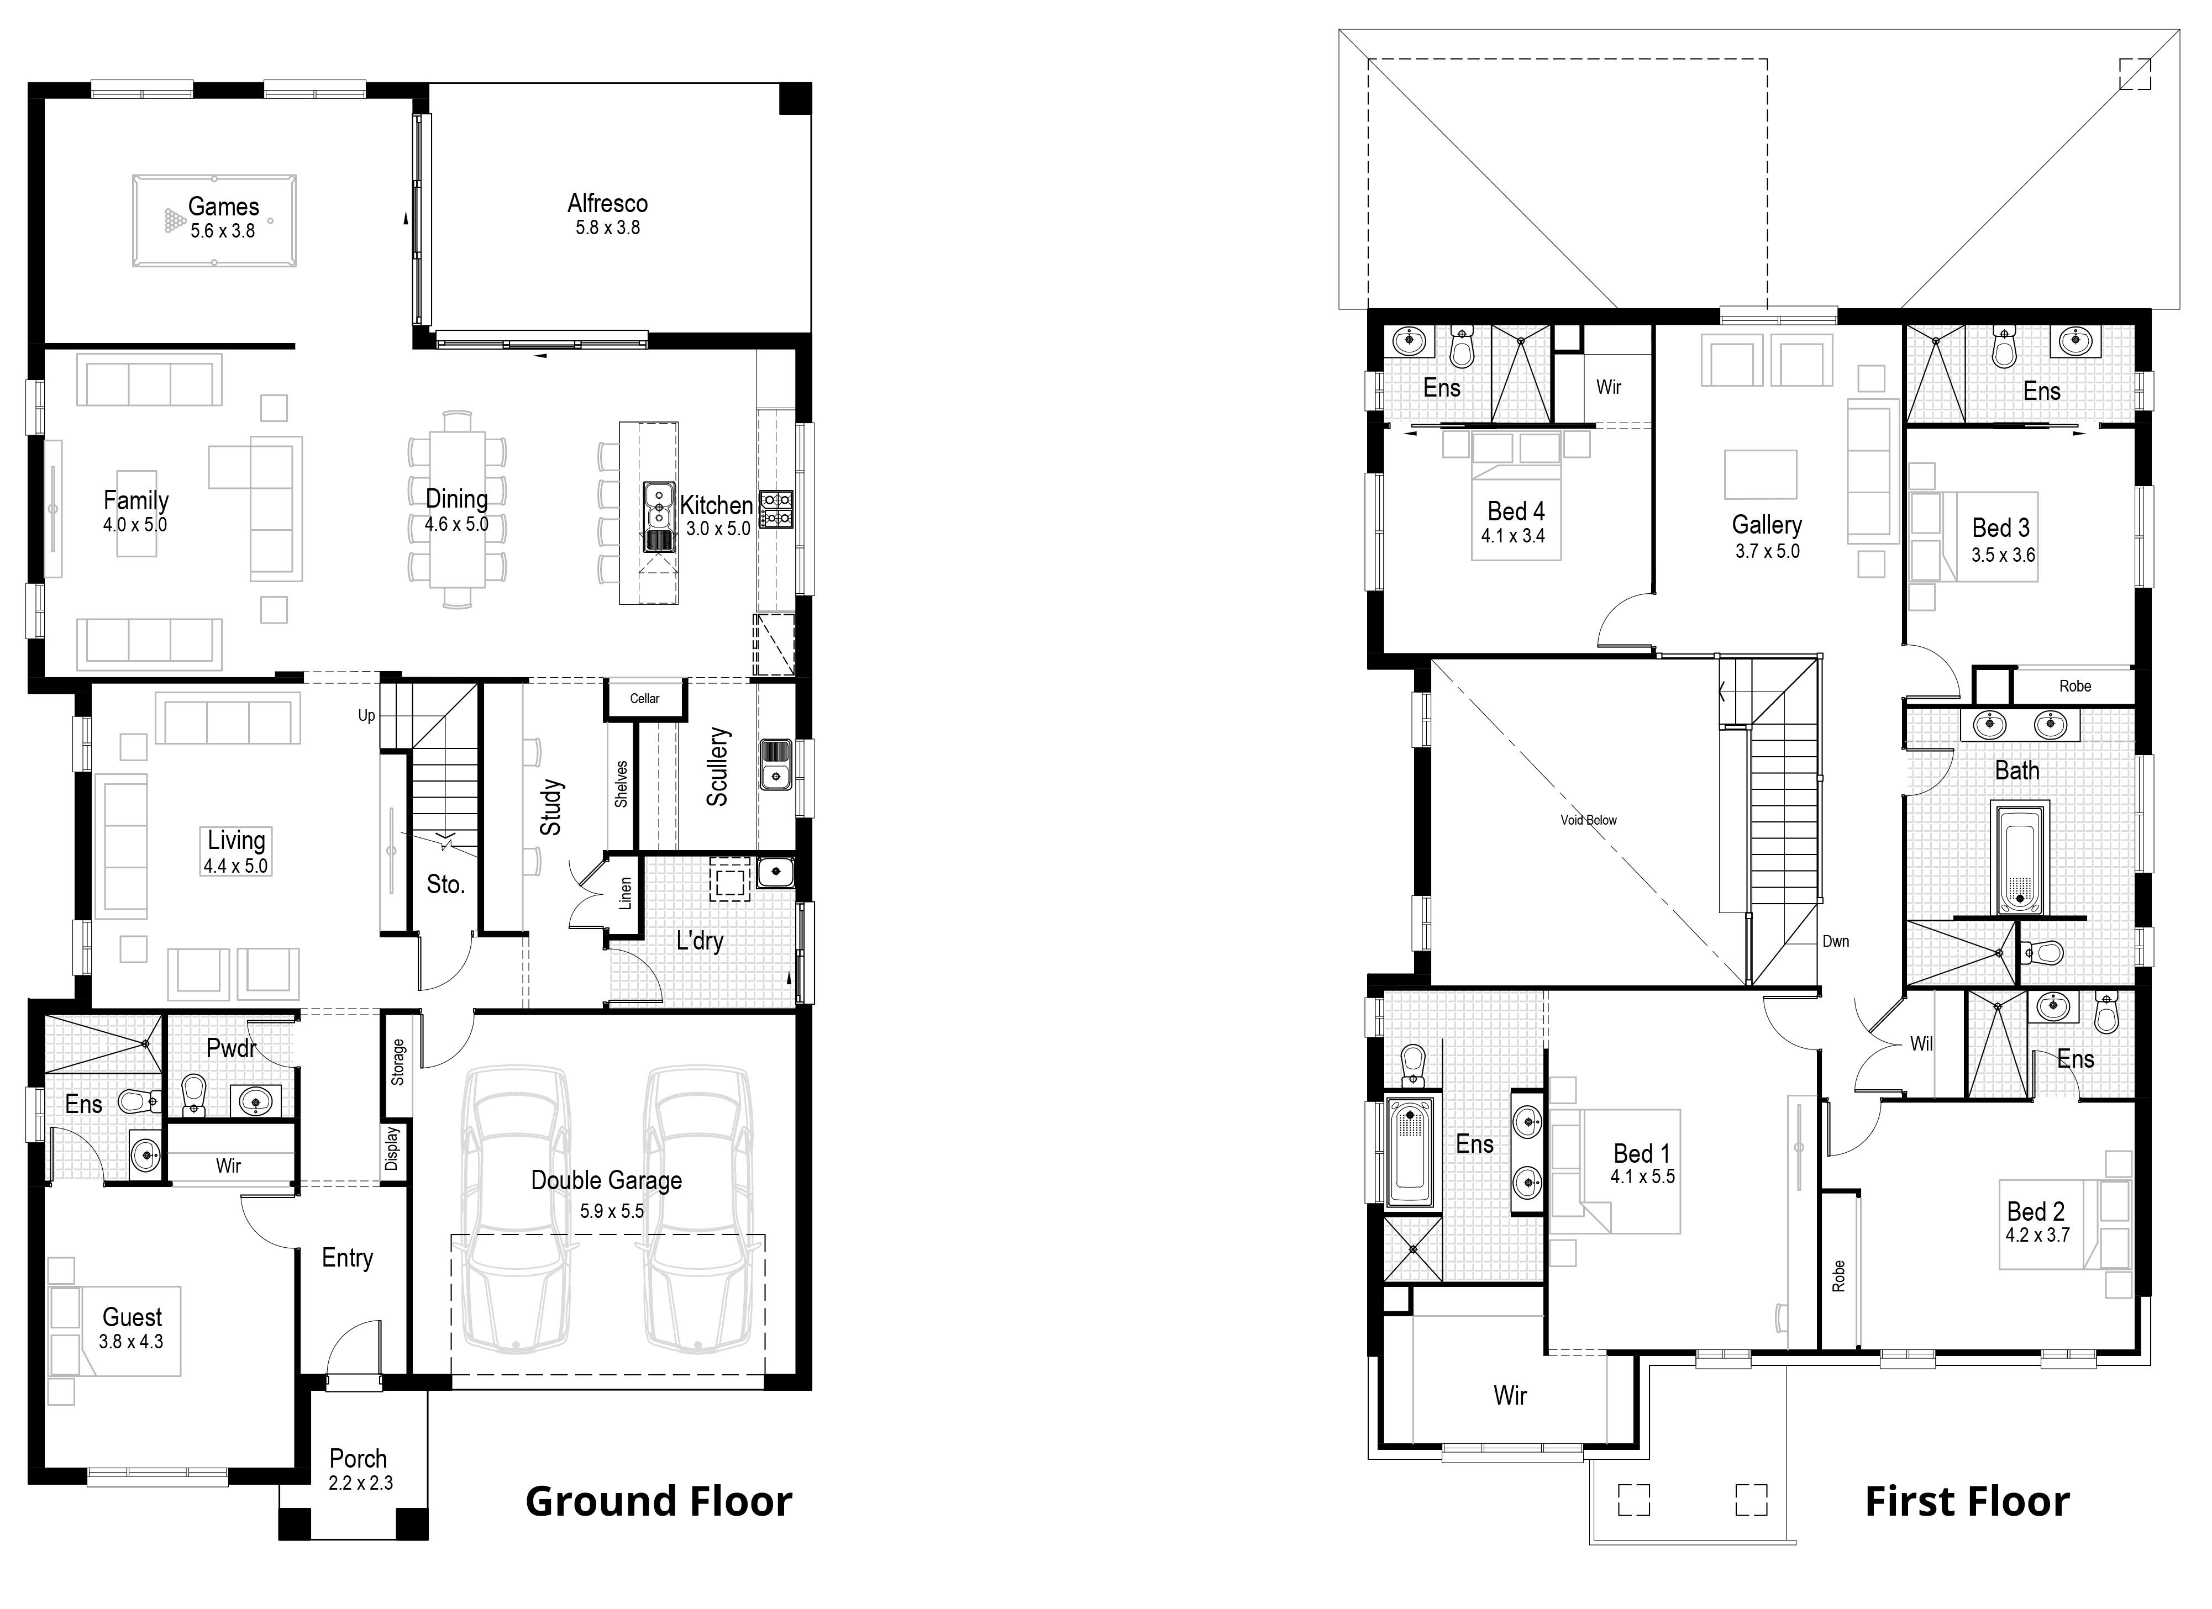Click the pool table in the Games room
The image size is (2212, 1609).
point(214,220)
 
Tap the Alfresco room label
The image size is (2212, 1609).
point(608,204)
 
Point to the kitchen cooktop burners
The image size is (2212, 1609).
point(777,509)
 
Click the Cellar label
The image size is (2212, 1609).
point(645,698)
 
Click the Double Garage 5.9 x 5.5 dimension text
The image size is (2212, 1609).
point(612,1211)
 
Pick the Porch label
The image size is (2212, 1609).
point(358,1459)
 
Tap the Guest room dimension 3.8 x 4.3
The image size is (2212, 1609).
point(131,1342)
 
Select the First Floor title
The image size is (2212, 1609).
point(1967,1502)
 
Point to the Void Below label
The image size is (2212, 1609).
point(1589,820)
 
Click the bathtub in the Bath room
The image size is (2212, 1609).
point(2023,858)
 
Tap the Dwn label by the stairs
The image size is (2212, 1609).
point(1836,941)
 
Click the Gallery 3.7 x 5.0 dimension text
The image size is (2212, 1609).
point(1767,551)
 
